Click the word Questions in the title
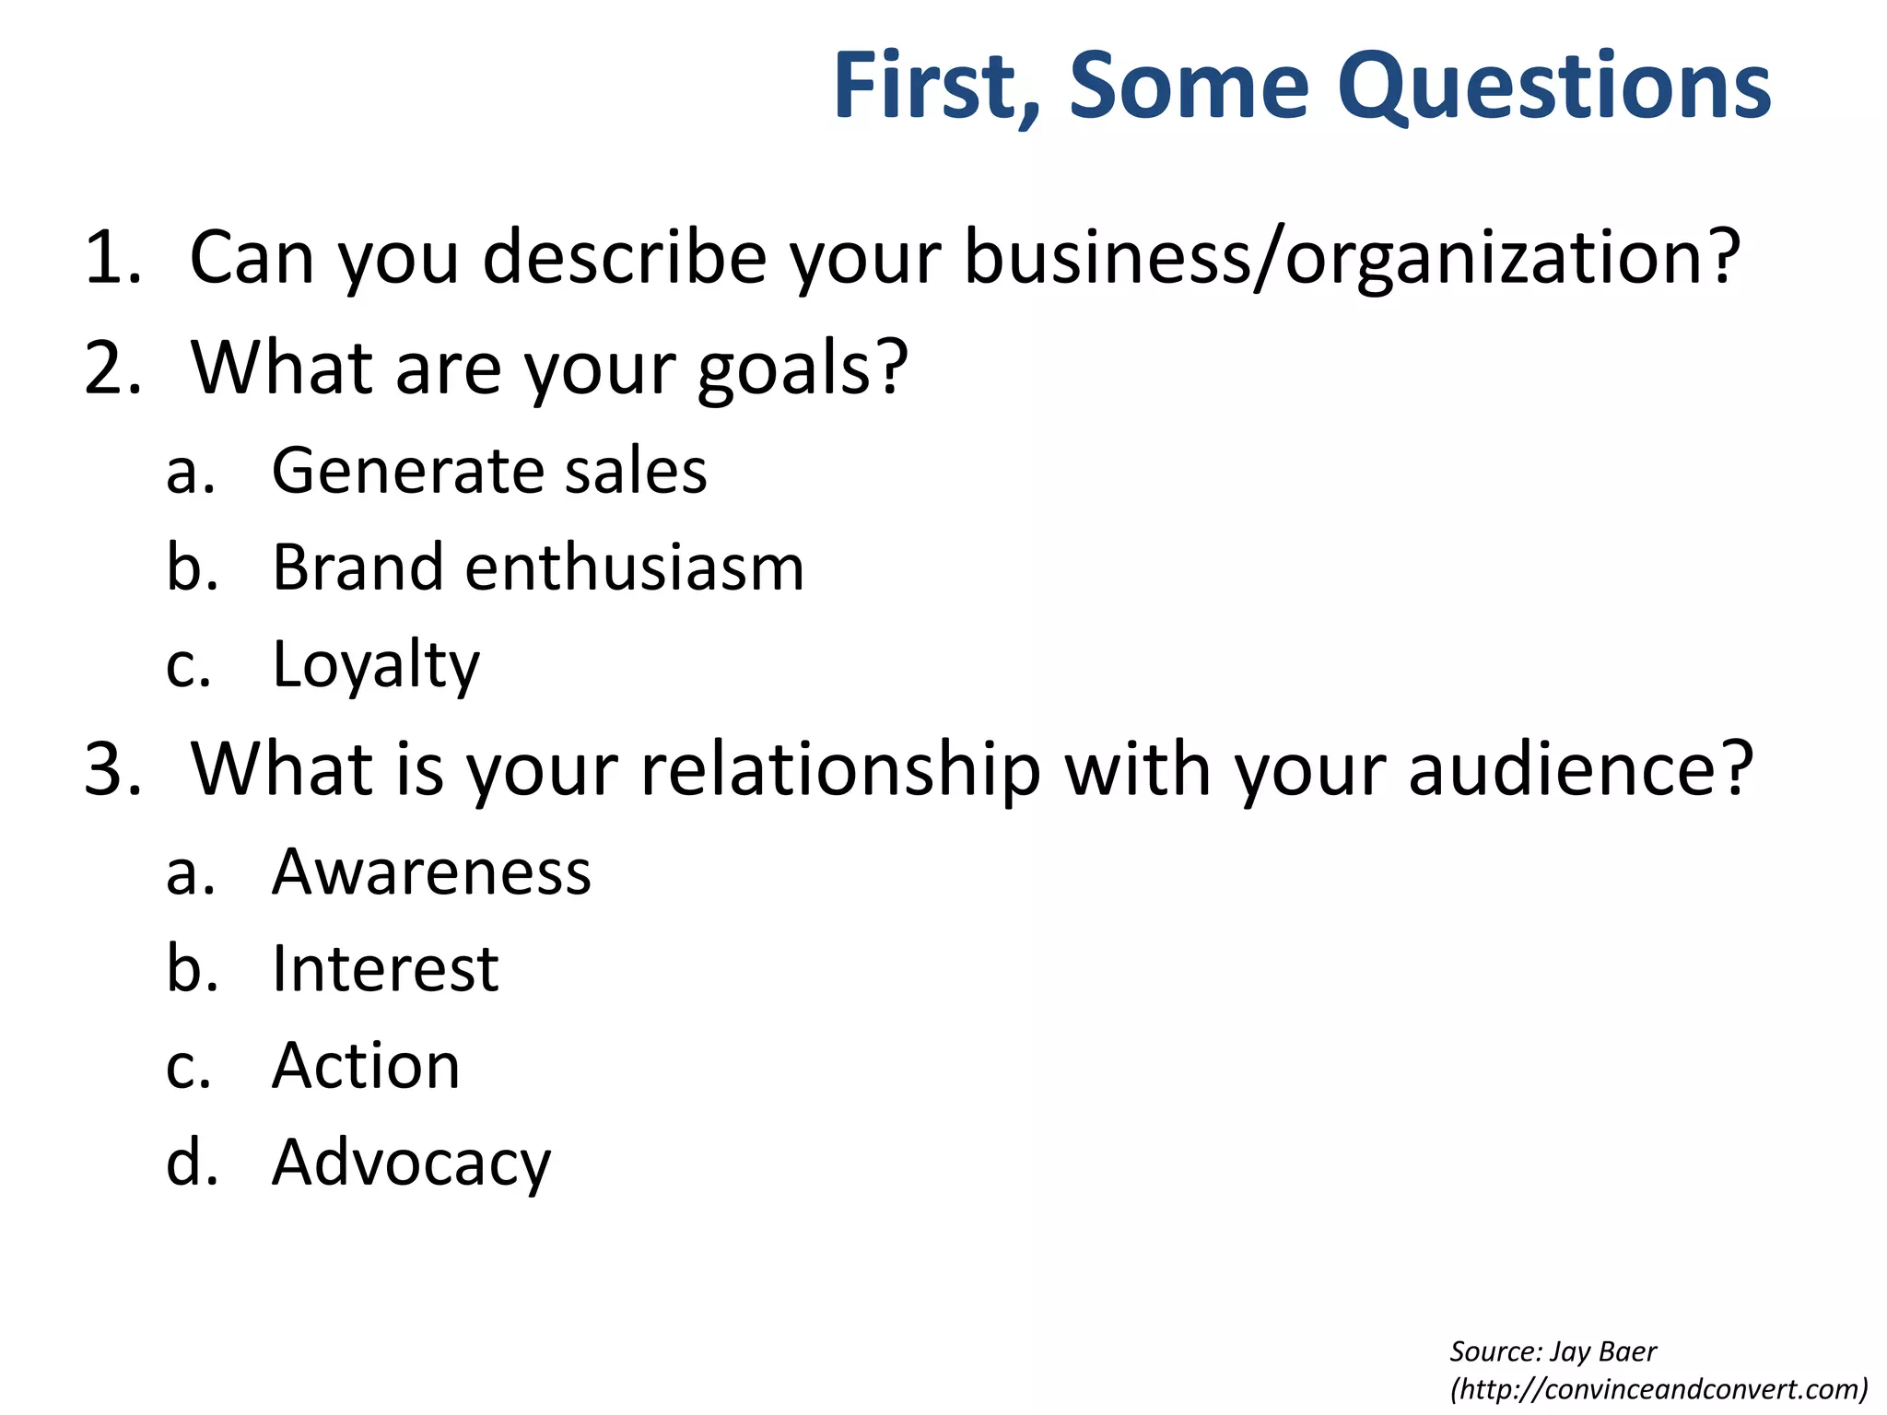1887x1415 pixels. [x=1553, y=87]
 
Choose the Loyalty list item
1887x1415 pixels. [x=376, y=664]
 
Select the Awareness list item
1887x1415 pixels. [x=431, y=871]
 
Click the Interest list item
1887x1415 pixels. [x=385, y=969]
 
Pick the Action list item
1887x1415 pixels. [x=366, y=1066]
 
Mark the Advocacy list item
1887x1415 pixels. [x=411, y=1164]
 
